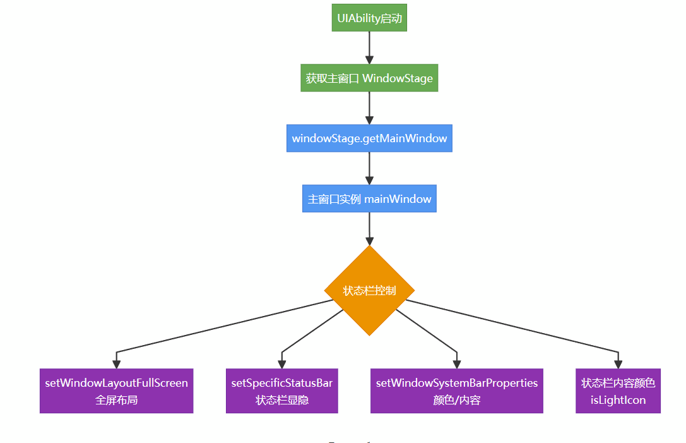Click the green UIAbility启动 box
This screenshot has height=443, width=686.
[369, 18]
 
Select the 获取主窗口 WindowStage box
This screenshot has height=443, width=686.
[369, 78]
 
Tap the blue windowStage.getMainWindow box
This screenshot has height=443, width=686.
[369, 138]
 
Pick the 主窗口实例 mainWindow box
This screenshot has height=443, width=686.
[369, 198]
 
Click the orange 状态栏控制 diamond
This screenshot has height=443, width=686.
[369, 291]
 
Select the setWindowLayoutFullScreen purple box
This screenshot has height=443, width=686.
[116, 391]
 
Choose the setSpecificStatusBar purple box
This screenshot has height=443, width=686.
[281, 391]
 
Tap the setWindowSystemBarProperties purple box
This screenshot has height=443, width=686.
[457, 391]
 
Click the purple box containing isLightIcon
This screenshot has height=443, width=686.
[618, 391]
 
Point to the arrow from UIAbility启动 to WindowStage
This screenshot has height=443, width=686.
[369, 48]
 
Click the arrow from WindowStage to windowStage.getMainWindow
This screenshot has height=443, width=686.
[369, 108]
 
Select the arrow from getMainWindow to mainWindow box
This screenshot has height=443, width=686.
[369, 168]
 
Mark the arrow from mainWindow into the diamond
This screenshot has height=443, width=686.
[369, 229]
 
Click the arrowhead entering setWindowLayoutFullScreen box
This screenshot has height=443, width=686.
[116, 364]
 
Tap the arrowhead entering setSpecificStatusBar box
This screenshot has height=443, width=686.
[281, 364]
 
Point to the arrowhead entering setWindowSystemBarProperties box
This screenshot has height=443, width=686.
[457, 364]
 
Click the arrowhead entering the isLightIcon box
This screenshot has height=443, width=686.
[618, 364]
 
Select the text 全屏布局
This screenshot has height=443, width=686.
[116, 400]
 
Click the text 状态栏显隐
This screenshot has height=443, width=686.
[281, 400]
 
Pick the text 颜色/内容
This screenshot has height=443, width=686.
[457, 400]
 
